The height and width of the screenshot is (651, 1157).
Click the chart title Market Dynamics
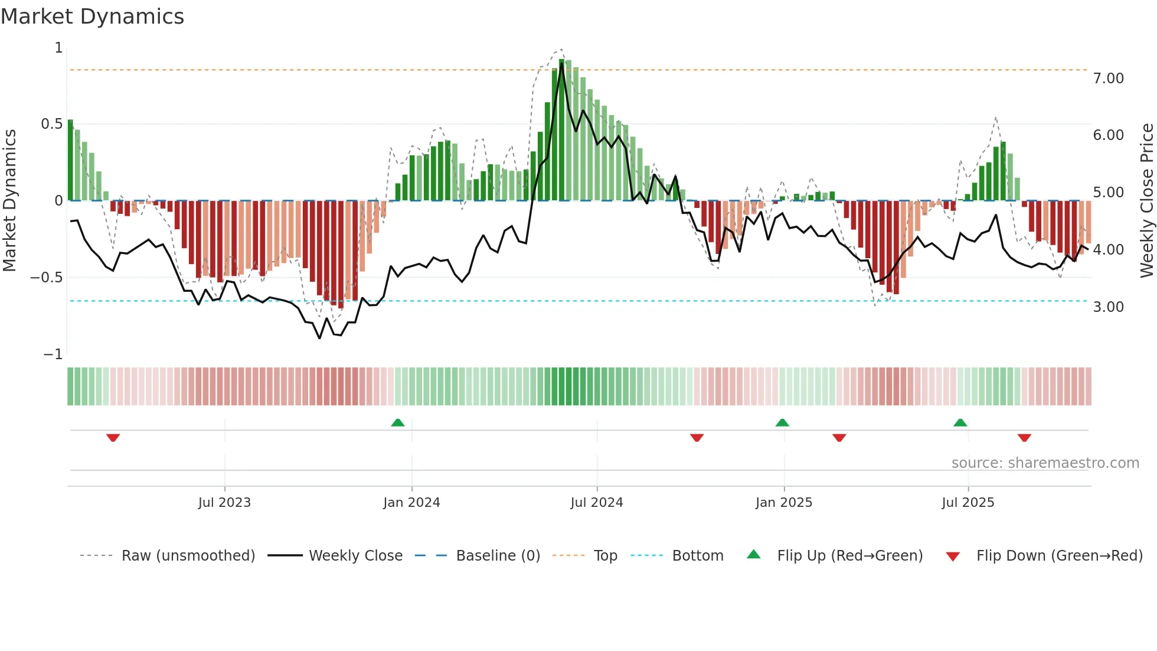pos(92,17)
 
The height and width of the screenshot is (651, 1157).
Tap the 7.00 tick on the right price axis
pos(1108,79)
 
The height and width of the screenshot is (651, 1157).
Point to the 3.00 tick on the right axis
pos(1108,307)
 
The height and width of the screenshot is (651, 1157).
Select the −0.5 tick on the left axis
pos(46,278)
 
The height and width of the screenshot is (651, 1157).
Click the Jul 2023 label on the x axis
pos(224,503)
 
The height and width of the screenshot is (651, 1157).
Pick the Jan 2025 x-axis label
pos(783,503)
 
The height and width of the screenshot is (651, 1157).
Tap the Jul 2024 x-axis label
pos(596,503)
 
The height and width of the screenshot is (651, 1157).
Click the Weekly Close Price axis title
pos(1146,201)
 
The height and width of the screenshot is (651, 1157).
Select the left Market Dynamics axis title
pos(9,201)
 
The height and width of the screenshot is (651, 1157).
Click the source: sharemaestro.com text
pos(1045,463)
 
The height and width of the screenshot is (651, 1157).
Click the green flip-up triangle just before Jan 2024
pos(398,423)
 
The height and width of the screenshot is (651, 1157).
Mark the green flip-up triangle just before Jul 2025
pos(960,423)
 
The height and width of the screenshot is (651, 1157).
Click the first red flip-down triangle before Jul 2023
pos(113,438)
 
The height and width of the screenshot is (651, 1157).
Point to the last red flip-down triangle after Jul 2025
pos(1024,438)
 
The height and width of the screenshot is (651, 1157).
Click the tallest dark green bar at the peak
pos(561,130)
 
